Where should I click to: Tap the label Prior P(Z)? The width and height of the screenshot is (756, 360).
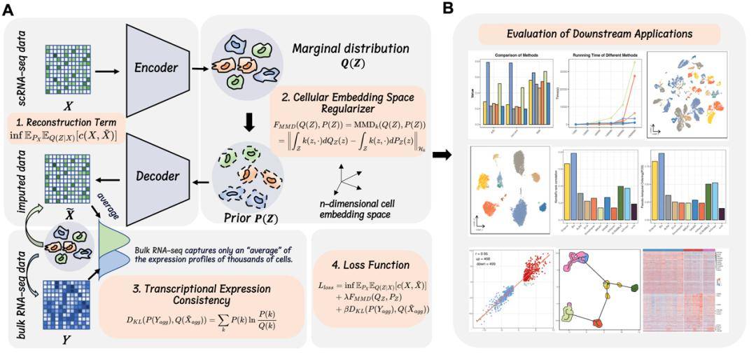[246, 216]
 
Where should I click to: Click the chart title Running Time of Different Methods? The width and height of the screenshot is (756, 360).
[601, 54]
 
